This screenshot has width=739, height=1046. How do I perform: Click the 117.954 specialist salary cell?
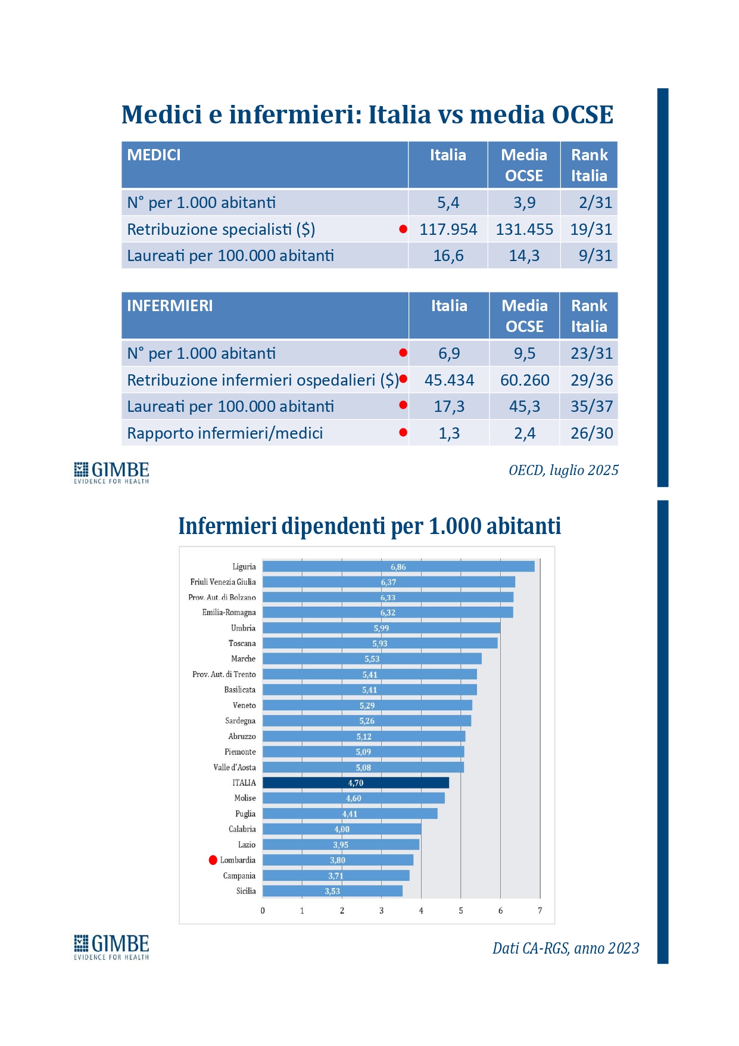[448, 229]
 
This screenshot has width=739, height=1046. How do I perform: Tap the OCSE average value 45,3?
[524, 406]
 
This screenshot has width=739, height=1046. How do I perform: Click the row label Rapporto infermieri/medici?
[225, 433]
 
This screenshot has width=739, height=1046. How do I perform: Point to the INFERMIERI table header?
[170, 306]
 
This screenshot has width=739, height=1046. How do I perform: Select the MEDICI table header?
[154, 155]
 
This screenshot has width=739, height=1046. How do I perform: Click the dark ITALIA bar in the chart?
[356, 783]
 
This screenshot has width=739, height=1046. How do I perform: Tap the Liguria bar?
[398, 566]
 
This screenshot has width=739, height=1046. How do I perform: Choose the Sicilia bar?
[332, 891]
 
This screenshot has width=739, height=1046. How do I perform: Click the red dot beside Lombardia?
[213, 860]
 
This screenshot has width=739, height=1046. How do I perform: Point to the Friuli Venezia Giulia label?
[223, 582]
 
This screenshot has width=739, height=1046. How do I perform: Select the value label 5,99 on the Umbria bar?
[381, 628]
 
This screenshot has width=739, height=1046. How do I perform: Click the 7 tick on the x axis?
[540, 911]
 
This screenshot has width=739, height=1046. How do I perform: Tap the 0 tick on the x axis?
[263, 911]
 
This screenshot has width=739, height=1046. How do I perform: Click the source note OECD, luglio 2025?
[563, 470]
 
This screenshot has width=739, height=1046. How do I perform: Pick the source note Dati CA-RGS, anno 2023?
[566, 948]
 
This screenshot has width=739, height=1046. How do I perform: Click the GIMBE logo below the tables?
[111, 472]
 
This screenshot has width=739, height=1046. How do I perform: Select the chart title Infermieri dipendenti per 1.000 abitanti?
[369, 526]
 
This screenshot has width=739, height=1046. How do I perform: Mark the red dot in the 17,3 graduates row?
[403, 405]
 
